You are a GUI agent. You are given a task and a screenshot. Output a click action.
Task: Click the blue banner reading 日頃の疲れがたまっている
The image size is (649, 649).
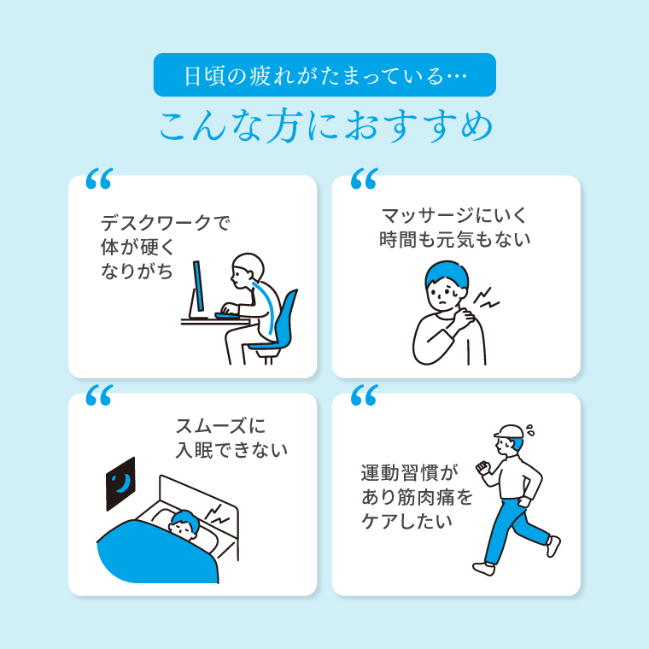[x=324, y=75]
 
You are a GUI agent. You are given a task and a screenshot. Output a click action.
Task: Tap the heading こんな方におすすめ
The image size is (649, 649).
[x=326, y=126]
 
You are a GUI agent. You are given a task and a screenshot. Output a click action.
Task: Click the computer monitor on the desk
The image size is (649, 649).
[x=198, y=289]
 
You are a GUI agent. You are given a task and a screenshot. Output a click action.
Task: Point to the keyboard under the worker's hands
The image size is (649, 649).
[x=227, y=316]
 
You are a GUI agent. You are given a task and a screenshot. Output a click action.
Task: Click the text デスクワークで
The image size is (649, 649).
[x=165, y=224]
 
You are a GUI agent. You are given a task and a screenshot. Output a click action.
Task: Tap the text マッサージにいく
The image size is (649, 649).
[x=454, y=215]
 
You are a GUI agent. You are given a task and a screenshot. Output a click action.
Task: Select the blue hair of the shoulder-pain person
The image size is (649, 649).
[x=447, y=274]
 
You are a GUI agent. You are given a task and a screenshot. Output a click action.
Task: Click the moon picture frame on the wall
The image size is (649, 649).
[x=120, y=483]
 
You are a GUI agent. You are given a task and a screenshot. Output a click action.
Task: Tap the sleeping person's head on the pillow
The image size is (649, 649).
[x=184, y=525]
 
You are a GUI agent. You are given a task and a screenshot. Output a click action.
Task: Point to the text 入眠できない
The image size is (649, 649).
[x=231, y=450]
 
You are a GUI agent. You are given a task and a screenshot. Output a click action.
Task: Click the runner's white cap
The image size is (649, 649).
[x=509, y=432]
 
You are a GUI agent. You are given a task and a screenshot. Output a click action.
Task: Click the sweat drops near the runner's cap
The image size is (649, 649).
[x=529, y=430]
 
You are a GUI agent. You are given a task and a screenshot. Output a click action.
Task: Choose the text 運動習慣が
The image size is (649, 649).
[x=410, y=472]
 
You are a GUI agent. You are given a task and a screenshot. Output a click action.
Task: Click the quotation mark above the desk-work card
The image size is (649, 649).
[x=99, y=178]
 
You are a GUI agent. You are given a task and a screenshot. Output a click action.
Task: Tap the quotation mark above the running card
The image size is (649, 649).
[x=365, y=395]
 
